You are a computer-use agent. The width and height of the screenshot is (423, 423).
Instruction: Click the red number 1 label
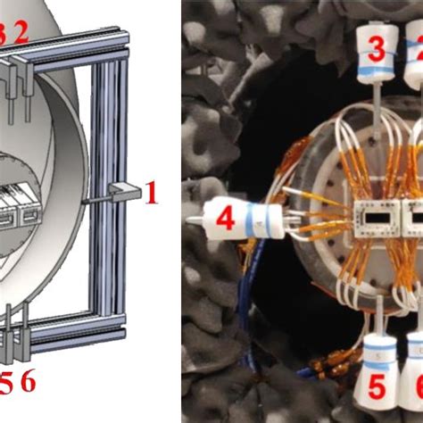click(152, 190)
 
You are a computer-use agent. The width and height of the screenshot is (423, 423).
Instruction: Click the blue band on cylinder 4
click(256, 220)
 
